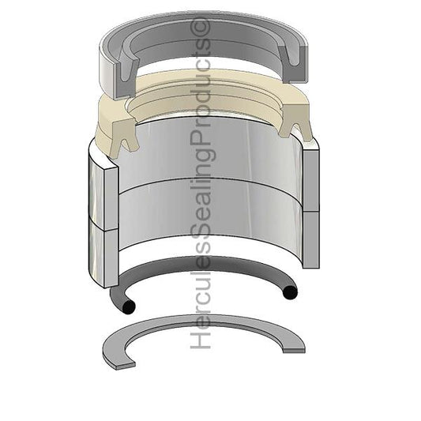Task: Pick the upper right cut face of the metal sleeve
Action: click(x=310, y=175)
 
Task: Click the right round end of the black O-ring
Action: click(x=290, y=293)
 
